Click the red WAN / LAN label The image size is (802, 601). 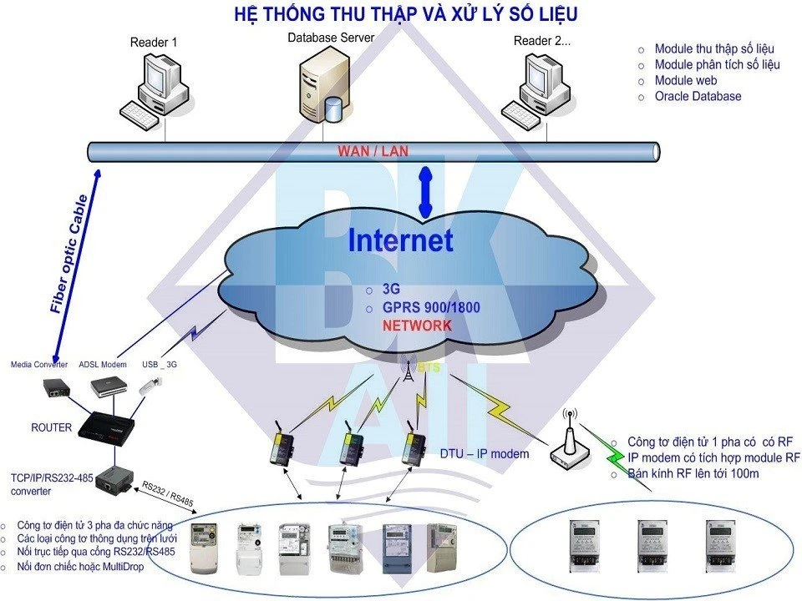373,151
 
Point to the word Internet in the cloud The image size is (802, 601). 401,240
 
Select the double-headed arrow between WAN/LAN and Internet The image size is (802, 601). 426,192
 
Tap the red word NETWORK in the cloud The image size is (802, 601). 417,326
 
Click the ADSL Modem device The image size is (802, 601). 109,386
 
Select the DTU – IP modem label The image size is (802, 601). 485,454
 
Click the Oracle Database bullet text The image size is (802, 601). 698,96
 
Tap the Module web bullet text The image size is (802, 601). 686,80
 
